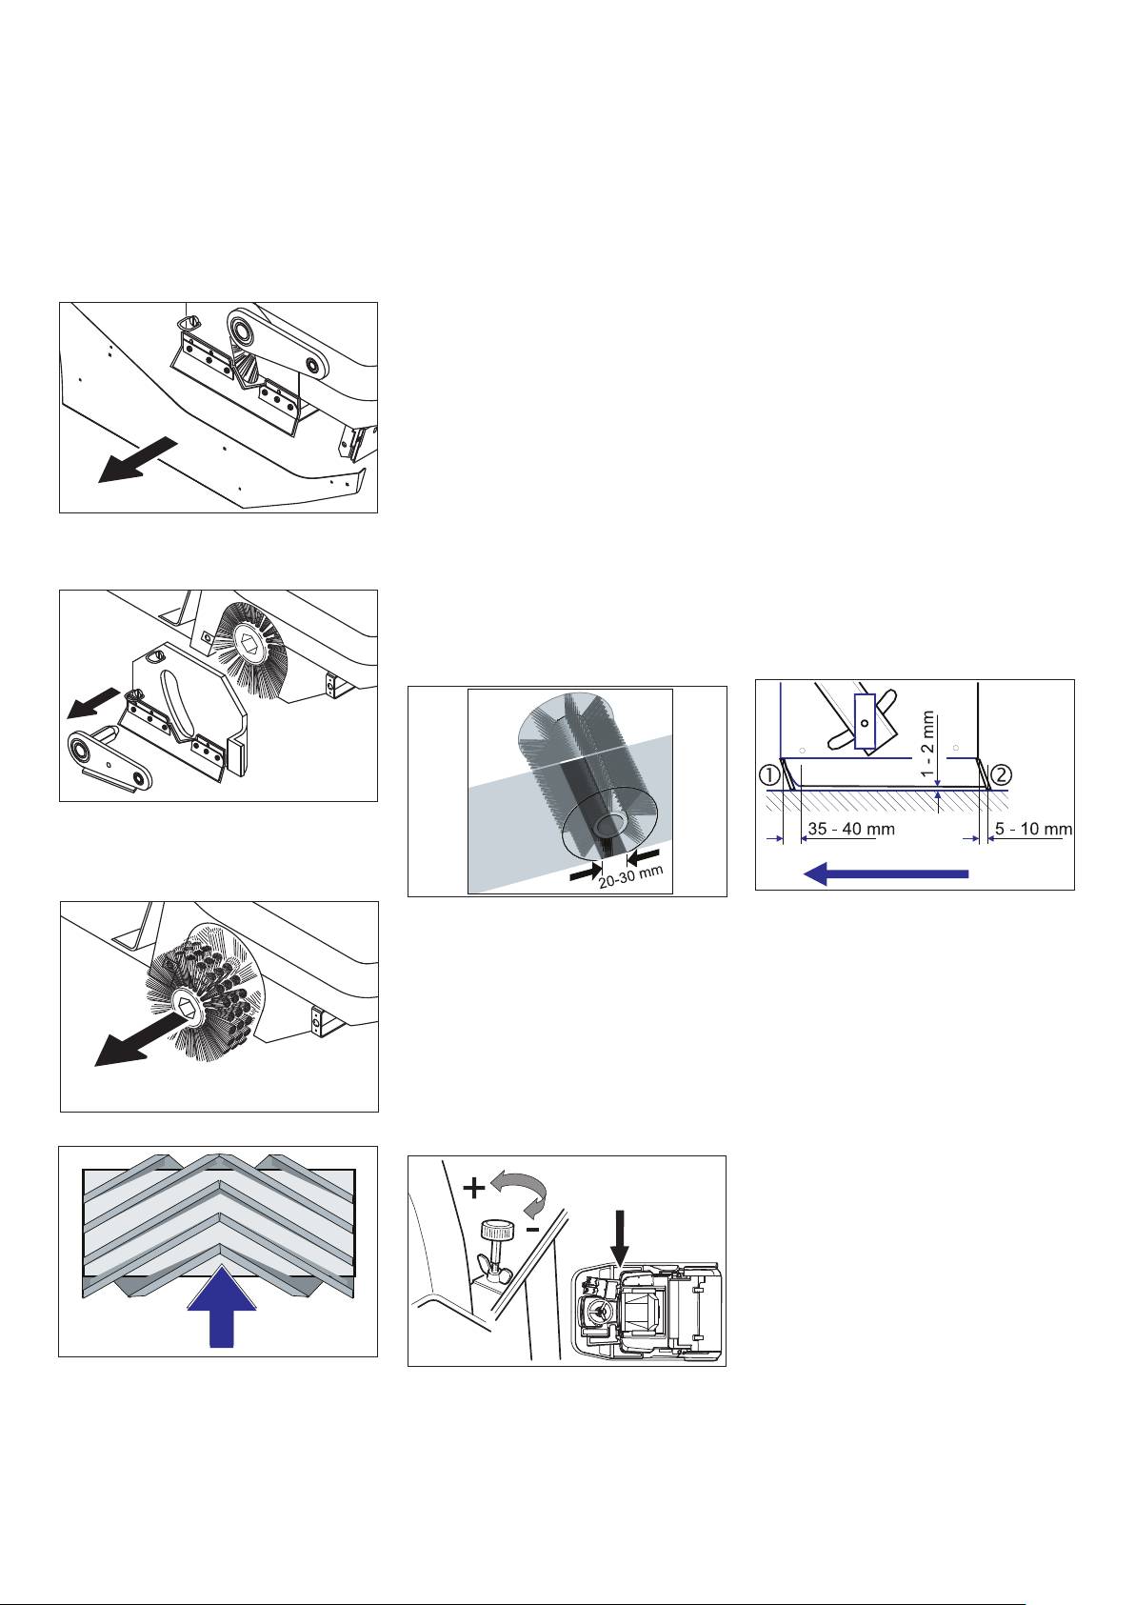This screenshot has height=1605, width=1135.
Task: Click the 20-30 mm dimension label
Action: point(631,876)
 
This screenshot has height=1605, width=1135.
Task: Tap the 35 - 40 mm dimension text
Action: point(850,829)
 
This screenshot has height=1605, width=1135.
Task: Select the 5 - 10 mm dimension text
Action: point(1033,829)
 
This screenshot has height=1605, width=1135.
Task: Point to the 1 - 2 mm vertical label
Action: point(928,745)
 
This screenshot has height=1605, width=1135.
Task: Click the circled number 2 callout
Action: point(1001,774)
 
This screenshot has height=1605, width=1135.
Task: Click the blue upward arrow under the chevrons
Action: point(221,1307)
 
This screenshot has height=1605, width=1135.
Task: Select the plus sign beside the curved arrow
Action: point(473,1189)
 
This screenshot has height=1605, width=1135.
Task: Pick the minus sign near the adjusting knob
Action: point(532,1230)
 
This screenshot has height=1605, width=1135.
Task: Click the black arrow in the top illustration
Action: point(137,459)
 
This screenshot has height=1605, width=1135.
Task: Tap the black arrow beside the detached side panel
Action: point(94,702)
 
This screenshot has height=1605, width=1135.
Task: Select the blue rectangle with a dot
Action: point(865,721)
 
